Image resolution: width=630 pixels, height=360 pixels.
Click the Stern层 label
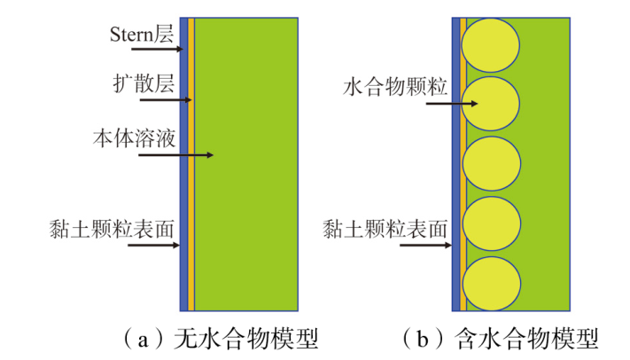coord(142,35)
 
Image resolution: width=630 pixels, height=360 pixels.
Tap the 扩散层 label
coord(144,83)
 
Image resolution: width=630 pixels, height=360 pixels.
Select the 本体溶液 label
coord(134,138)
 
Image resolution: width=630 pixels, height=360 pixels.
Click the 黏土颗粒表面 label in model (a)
coord(112,229)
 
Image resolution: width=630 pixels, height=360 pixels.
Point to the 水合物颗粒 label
coord(395,87)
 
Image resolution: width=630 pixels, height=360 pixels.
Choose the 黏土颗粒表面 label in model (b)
coord(385,229)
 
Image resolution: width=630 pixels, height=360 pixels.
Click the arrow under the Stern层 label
coord(157,49)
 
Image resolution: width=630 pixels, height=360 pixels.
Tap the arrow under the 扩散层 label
coord(166,99)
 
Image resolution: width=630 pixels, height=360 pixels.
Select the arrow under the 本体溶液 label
coord(175,155)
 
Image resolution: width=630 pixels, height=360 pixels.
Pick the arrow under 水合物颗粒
coord(452,104)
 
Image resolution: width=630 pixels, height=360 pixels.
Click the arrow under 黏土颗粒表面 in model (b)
coord(426,245)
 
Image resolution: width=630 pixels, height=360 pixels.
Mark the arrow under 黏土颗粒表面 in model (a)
coord(153,245)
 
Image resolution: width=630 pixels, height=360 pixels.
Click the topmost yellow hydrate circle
coord(490,44)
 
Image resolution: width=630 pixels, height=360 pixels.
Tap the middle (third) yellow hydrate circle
coord(492,164)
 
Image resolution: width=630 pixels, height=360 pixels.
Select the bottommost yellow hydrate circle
coord(492,284)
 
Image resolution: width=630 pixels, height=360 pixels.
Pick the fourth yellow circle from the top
coord(492,223)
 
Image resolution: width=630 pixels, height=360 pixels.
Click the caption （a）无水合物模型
coord(220,339)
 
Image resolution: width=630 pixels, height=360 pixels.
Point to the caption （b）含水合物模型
coord(501,339)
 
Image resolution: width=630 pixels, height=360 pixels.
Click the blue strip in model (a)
coord(183,164)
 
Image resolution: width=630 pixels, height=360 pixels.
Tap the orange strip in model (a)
coord(191,164)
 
